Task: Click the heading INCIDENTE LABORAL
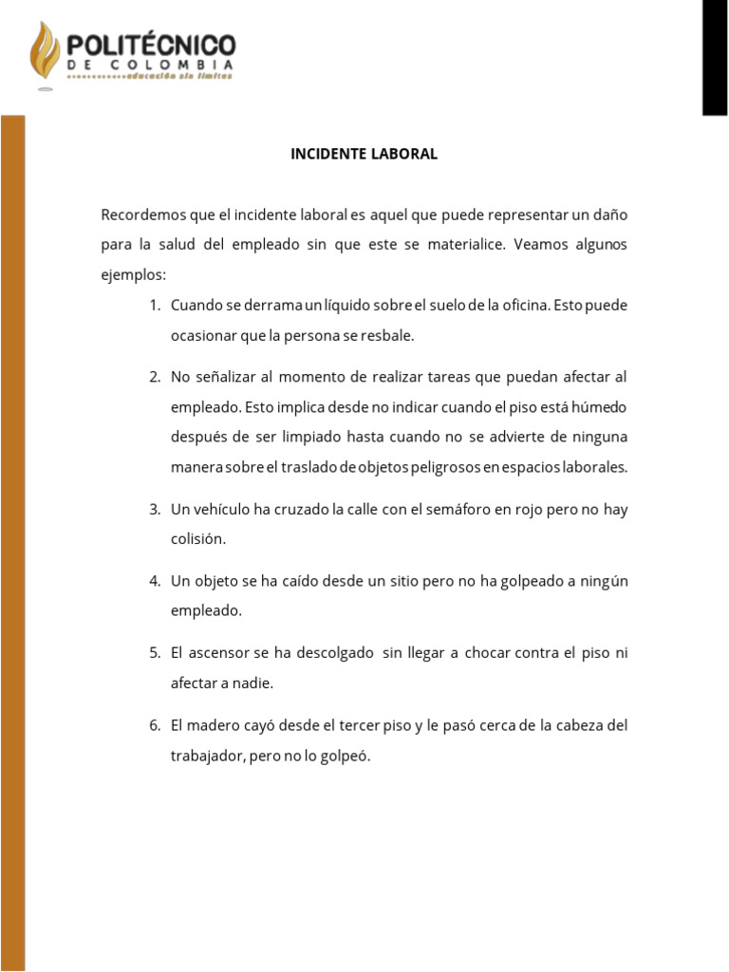pyautogui.click(x=364, y=154)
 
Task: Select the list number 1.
pyautogui.click(x=155, y=306)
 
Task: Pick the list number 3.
pyautogui.click(x=155, y=510)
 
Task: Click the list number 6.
pyautogui.click(x=155, y=726)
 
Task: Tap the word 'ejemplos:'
pyautogui.click(x=133, y=275)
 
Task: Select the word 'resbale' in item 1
pyautogui.click(x=390, y=336)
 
